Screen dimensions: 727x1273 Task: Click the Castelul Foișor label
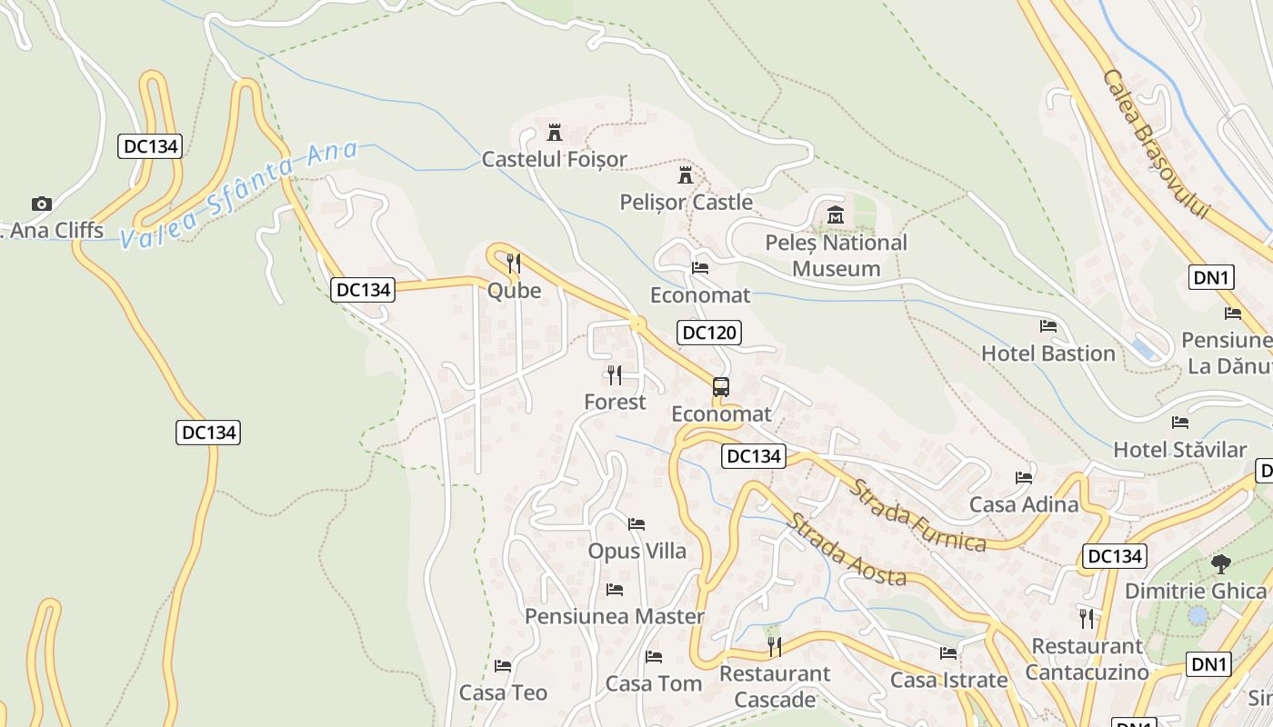[554, 159]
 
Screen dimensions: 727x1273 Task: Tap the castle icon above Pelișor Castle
[686, 174]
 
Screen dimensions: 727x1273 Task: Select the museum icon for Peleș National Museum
[836, 215]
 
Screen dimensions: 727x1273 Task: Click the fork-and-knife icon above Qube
[514, 264]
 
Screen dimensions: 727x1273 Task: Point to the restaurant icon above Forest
[615, 374]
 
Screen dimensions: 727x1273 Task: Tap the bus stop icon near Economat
[721, 387]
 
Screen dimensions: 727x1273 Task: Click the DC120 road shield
[709, 333]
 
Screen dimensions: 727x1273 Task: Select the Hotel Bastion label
[1047, 354]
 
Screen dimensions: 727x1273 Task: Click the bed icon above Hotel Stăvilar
[1180, 423]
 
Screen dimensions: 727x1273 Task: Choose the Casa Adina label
[1024, 504]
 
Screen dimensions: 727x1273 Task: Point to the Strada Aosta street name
[847, 550]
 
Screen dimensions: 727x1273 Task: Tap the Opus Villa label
[636, 551]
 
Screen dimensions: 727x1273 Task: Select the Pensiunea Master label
[614, 616]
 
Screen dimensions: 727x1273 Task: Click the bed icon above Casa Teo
[503, 666]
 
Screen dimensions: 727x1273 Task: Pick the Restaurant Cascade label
[775, 686]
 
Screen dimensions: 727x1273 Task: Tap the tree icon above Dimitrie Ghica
[1220, 564]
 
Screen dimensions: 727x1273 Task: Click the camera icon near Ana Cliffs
[41, 204]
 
